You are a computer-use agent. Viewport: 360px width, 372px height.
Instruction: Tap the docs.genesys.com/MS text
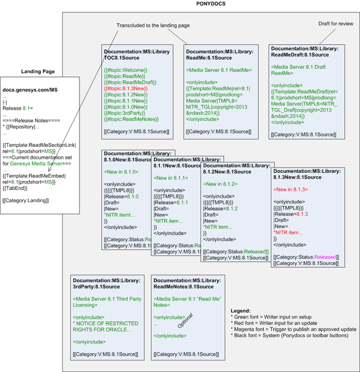click(30, 91)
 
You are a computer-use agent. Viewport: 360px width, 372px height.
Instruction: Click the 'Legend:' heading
click(240, 311)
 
